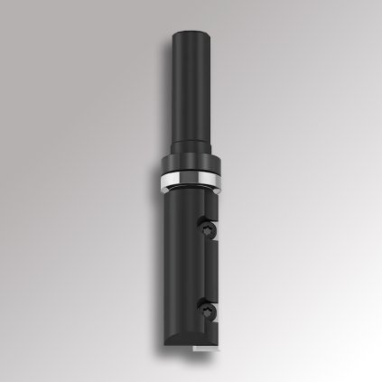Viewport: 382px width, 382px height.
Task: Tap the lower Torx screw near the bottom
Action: coord(210,312)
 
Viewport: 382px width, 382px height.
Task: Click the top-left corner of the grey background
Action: coord(4,4)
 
